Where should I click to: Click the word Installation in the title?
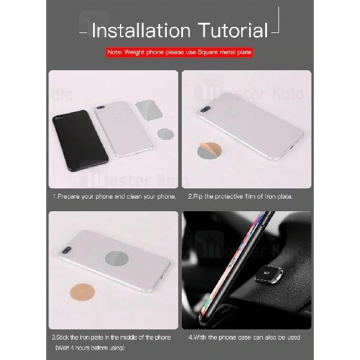click(x=141, y=30)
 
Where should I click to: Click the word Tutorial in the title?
click(x=233, y=30)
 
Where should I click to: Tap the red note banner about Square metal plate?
click(x=179, y=52)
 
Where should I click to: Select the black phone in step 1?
click(x=80, y=140)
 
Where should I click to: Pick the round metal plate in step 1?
click(x=166, y=134)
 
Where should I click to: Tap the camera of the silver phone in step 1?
click(x=100, y=107)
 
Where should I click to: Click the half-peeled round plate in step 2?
click(x=209, y=151)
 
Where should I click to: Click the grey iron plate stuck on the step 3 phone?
click(x=116, y=259)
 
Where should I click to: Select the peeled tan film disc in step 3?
click(x=82, y=292)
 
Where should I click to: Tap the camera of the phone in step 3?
click(x=67, y=250)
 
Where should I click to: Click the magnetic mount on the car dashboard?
click(x=269, y=274)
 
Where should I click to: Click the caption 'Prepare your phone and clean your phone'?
click(x=115, y=197)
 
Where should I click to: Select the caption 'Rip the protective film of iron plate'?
click(x=241, y=197)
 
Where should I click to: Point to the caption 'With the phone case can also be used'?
click(x=244, y=337)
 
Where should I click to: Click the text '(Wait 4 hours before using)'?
click(x=90, y=347)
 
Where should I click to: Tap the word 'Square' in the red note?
click(x=208, y=52)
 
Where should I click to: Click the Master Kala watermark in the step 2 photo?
click(x=249, y=93)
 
